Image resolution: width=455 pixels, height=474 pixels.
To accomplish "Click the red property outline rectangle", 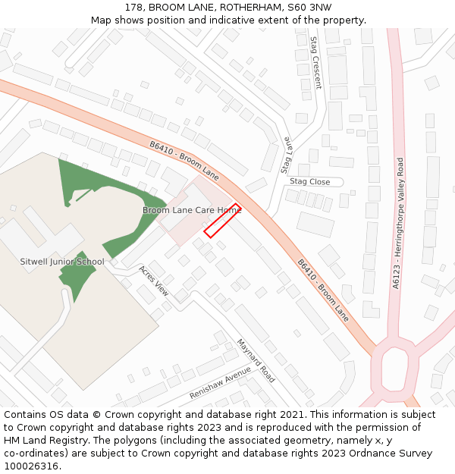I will pyautogui.click(x=222, y=221).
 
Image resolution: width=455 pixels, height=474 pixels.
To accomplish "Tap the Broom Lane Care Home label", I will pyautogui.click(x=192, y=210).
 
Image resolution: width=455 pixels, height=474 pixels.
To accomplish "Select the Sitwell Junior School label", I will pyautogui.click(x=62, y=262).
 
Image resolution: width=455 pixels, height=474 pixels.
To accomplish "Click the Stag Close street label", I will pyautogui.click(x=309, y=182).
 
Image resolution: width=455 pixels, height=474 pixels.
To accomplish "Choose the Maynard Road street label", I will pyautogui.click(x=256, y=360).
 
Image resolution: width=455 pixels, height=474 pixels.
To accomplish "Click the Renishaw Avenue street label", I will pyautogui.click(x=220, y=383).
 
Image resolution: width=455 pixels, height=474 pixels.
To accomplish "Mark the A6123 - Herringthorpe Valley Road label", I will pyautogui.click(x=399, y=223).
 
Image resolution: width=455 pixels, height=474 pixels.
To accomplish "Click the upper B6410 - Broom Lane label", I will pyautogui.click(x=184, y=160).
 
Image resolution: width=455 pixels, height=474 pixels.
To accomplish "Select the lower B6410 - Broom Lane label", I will pyautogui.click(x=324, y=290).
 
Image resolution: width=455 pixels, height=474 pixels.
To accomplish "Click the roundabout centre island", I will pyautogui.click(x=394, y=370).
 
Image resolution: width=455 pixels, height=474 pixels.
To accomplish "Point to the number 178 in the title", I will pyautogui.click(x=135, y=7).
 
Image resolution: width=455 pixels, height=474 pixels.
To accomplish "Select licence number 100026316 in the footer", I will pyautogui.click(x=32, y=466).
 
